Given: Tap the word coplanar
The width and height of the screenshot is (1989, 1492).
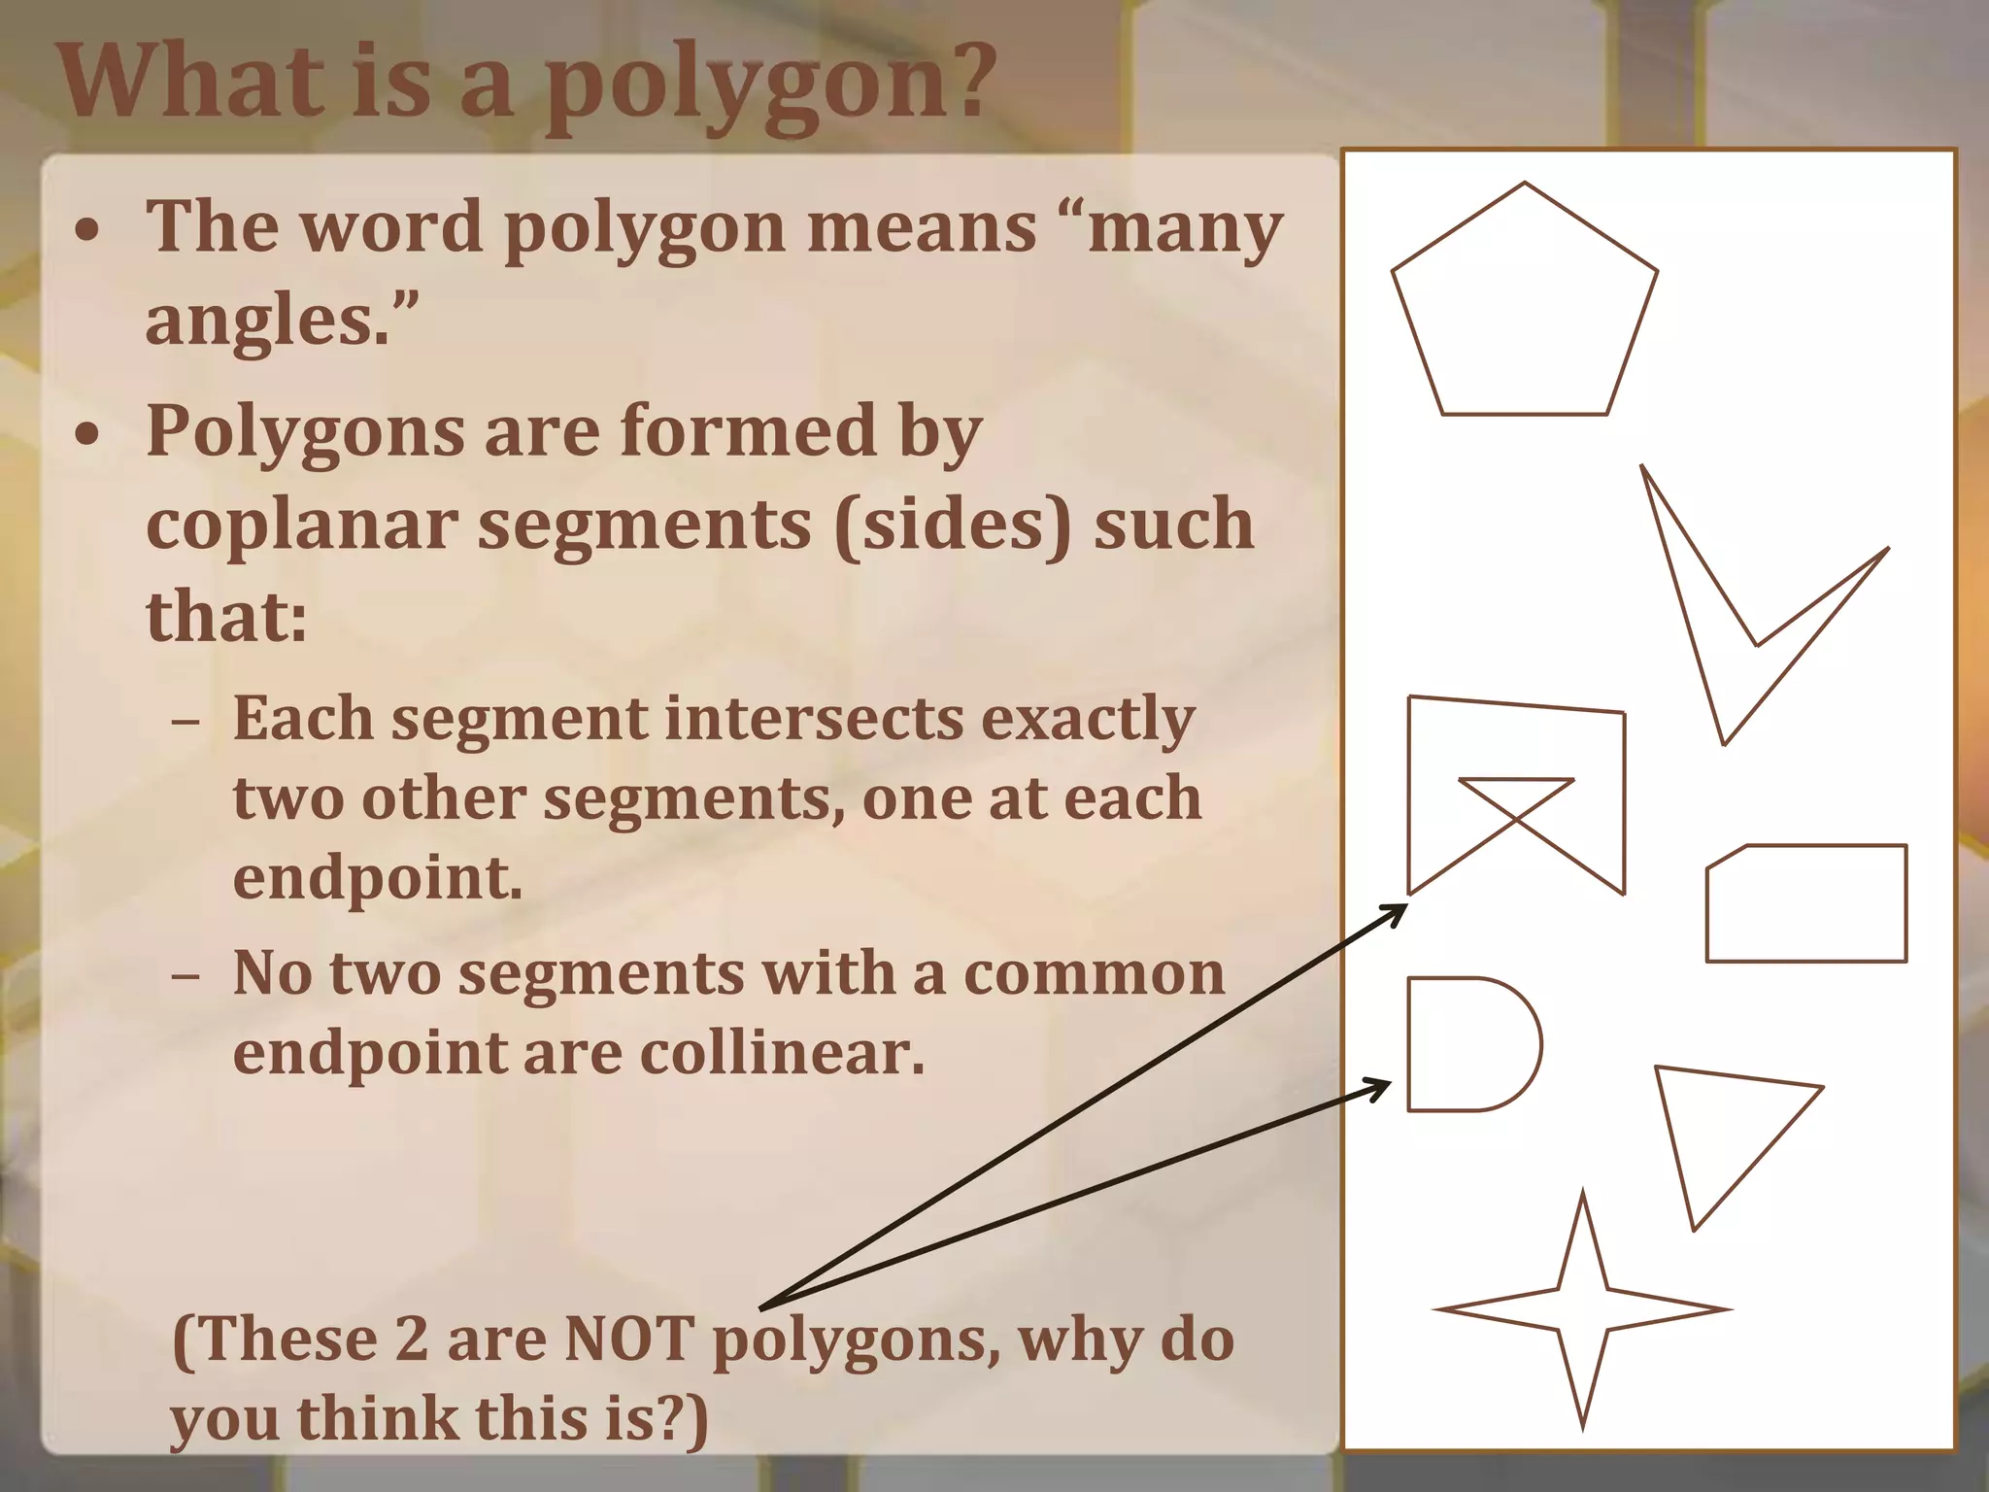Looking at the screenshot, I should (301, 524).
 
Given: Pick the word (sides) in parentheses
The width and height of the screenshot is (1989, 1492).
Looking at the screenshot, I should (953, 525).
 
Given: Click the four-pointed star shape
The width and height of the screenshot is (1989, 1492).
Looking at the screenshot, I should (1582, 1308).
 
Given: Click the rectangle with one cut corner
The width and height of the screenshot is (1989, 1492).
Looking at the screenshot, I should (1806, 904).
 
